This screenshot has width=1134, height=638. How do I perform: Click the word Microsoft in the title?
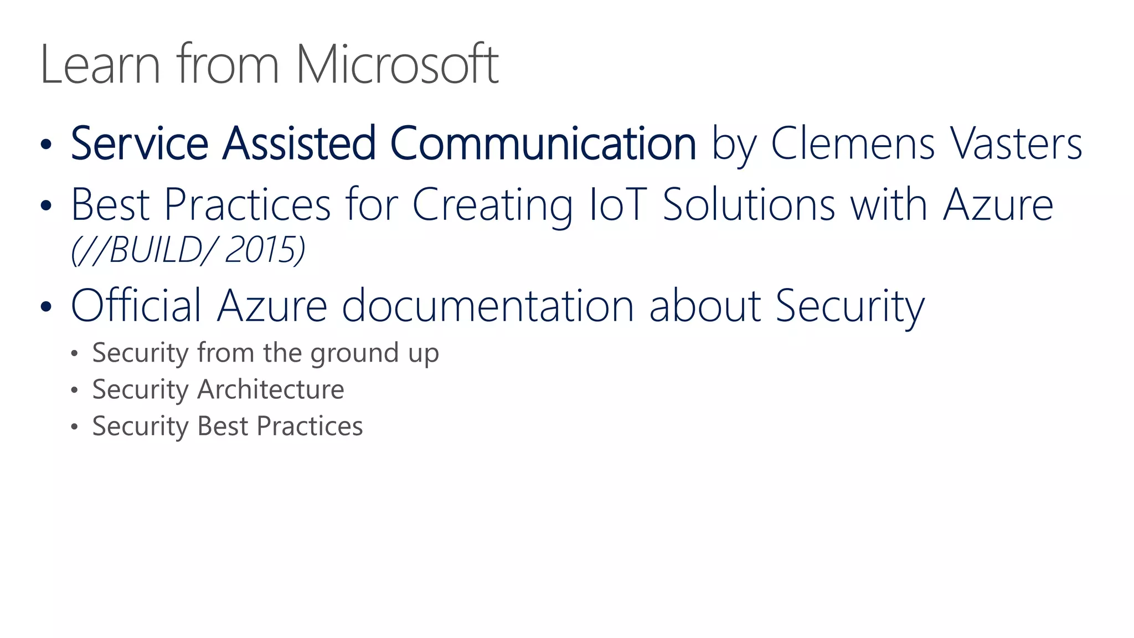point(396,65)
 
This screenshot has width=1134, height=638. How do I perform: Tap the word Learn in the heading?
point(100,65)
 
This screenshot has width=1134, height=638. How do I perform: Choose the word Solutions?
point(749,204)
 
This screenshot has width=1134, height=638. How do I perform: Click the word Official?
point(136,305)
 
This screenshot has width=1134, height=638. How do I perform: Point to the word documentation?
point(488,305)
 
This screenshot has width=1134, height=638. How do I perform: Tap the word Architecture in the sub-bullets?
point(271,389)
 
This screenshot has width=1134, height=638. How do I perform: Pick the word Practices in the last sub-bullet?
point(310,426)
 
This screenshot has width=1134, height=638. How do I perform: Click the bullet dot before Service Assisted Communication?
point(46,145)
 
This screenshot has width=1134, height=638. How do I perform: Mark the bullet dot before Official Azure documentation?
point(46,307)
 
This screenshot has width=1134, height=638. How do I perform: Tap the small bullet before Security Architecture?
point(75,390)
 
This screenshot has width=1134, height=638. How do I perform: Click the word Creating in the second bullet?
point(492,204)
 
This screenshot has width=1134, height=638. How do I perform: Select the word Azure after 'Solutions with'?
point(998,204)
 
